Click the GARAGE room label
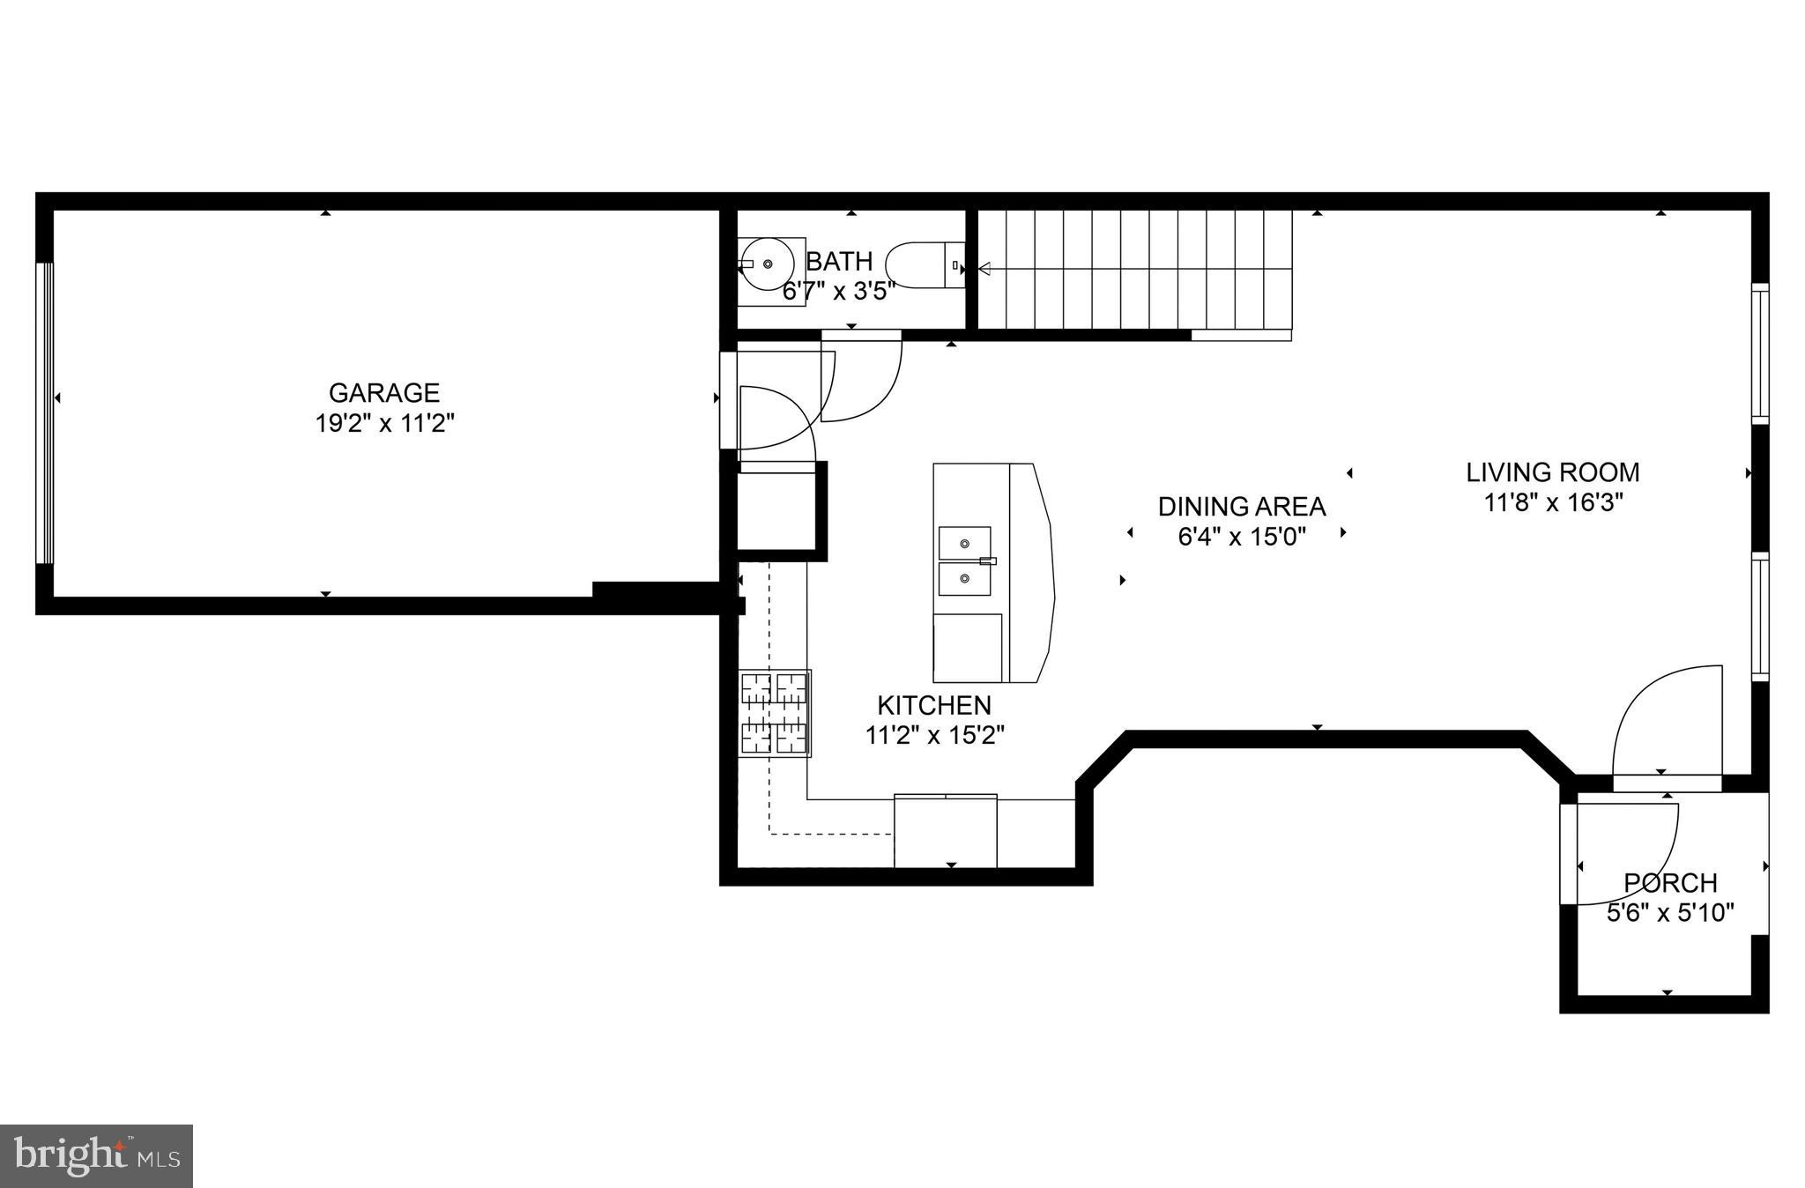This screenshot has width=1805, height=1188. [383, 393]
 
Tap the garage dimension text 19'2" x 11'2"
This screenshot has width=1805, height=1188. [384, 424]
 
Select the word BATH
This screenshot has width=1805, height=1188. [839, 262]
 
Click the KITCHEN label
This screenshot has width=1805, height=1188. [934, 705]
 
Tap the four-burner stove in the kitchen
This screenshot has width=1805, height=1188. [775, 713]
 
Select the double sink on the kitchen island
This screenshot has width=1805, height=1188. [964, 561]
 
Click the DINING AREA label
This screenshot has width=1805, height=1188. [1241, 507]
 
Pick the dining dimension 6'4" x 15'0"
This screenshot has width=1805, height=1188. [1241, 536]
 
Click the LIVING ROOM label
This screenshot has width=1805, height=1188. [1552, 472]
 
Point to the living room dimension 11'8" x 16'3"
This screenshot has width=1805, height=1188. [1553, 502]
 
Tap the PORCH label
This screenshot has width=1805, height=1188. [1669, 882]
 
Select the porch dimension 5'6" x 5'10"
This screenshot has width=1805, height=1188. [1669, 912]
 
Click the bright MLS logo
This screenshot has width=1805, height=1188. [96, 1155]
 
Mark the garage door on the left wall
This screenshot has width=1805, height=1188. [45, 413]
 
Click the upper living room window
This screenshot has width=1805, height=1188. [1759, 353]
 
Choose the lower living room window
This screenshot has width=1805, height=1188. [1759, 617]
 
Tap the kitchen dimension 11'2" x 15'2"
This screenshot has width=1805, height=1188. [934, 735]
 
